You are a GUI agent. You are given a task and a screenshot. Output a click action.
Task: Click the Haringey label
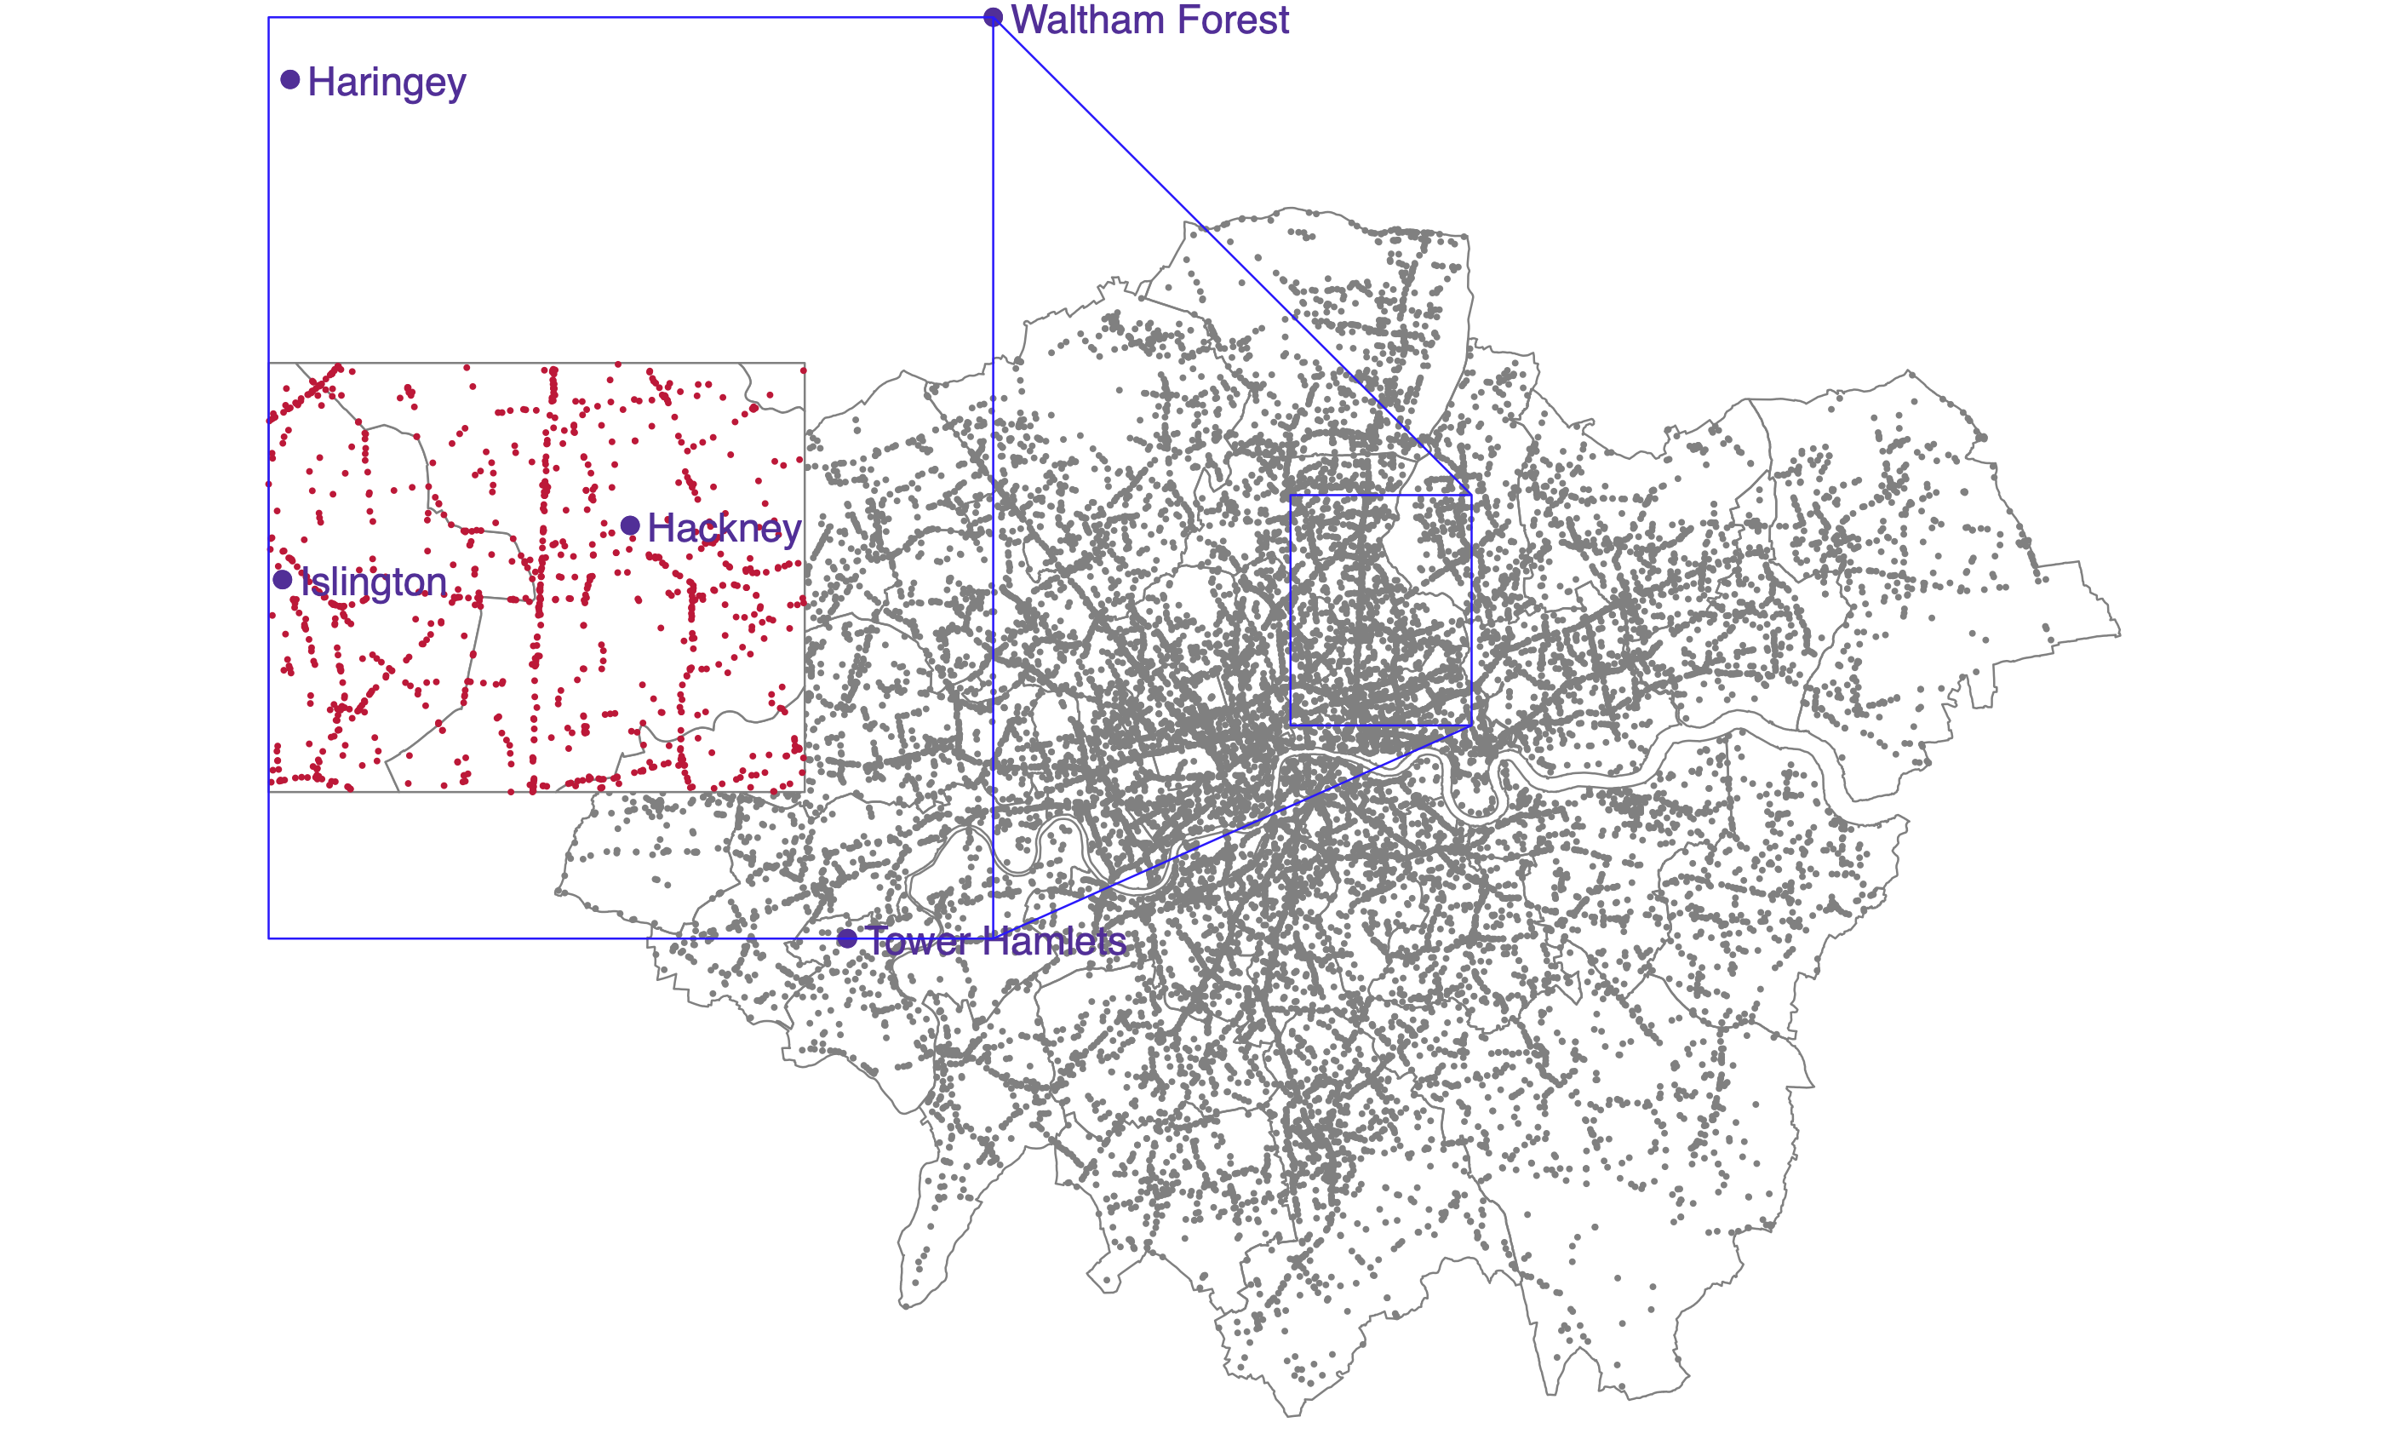(387, 82)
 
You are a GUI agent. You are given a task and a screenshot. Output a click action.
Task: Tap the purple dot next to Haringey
(289, 79)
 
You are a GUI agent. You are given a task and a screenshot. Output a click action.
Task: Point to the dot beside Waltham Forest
(993, 17)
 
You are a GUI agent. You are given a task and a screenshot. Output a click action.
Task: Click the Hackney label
(724, 529)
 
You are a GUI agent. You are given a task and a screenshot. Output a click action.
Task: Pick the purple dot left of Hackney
(630, 525)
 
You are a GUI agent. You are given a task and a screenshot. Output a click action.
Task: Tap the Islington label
(373, 582)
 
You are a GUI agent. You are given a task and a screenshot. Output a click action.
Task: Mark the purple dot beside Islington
(282, 580)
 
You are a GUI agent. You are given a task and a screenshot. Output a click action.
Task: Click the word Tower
(918, 940)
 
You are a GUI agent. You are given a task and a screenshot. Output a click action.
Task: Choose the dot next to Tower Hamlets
(847, 938)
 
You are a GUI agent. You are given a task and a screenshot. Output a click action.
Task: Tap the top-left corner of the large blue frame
(268, 17)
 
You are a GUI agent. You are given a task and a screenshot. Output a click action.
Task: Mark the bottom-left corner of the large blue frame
(268, 938)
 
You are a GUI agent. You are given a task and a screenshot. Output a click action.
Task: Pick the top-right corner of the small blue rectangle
(1471, 495)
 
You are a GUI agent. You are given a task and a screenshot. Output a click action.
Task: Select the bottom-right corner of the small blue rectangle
(1471, 725)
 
